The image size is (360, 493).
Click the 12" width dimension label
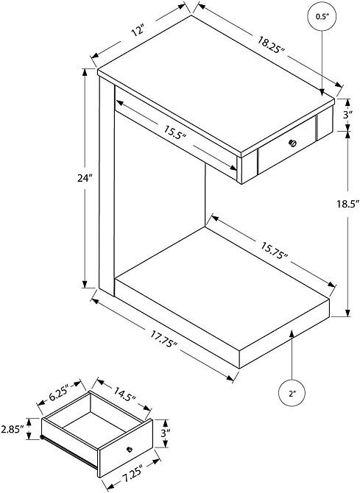(x=138, y=31)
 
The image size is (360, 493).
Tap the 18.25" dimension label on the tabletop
(x=271, y=45)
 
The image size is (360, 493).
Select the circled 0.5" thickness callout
(x=322, y=17)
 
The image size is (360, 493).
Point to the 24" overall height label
(x=85, y=178)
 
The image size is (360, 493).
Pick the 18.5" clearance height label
(x=347, y=205)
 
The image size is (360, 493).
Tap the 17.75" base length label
(x=163, y=339)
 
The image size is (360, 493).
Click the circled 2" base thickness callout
(x=292, y=394)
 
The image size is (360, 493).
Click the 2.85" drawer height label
(x=13, y=429)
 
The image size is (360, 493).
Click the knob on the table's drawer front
(x=293, y=143)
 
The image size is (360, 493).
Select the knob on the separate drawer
(x=130, y=450)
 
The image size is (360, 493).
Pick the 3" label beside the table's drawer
(x=347, y=115)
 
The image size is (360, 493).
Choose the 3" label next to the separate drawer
(x=165, y=433)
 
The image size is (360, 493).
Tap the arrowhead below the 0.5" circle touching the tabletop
(x=322, y=92)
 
